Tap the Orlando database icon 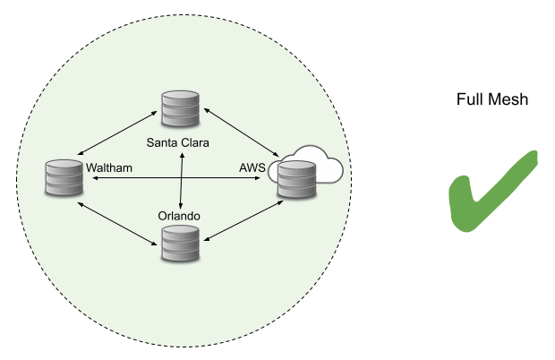(179, 243)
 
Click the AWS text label (252, 167)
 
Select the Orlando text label (178, 217)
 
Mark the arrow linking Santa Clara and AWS (242, 135)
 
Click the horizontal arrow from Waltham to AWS (179, 179)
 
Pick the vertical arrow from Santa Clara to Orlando (182, 179)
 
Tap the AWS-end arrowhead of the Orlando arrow (279, 202)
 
